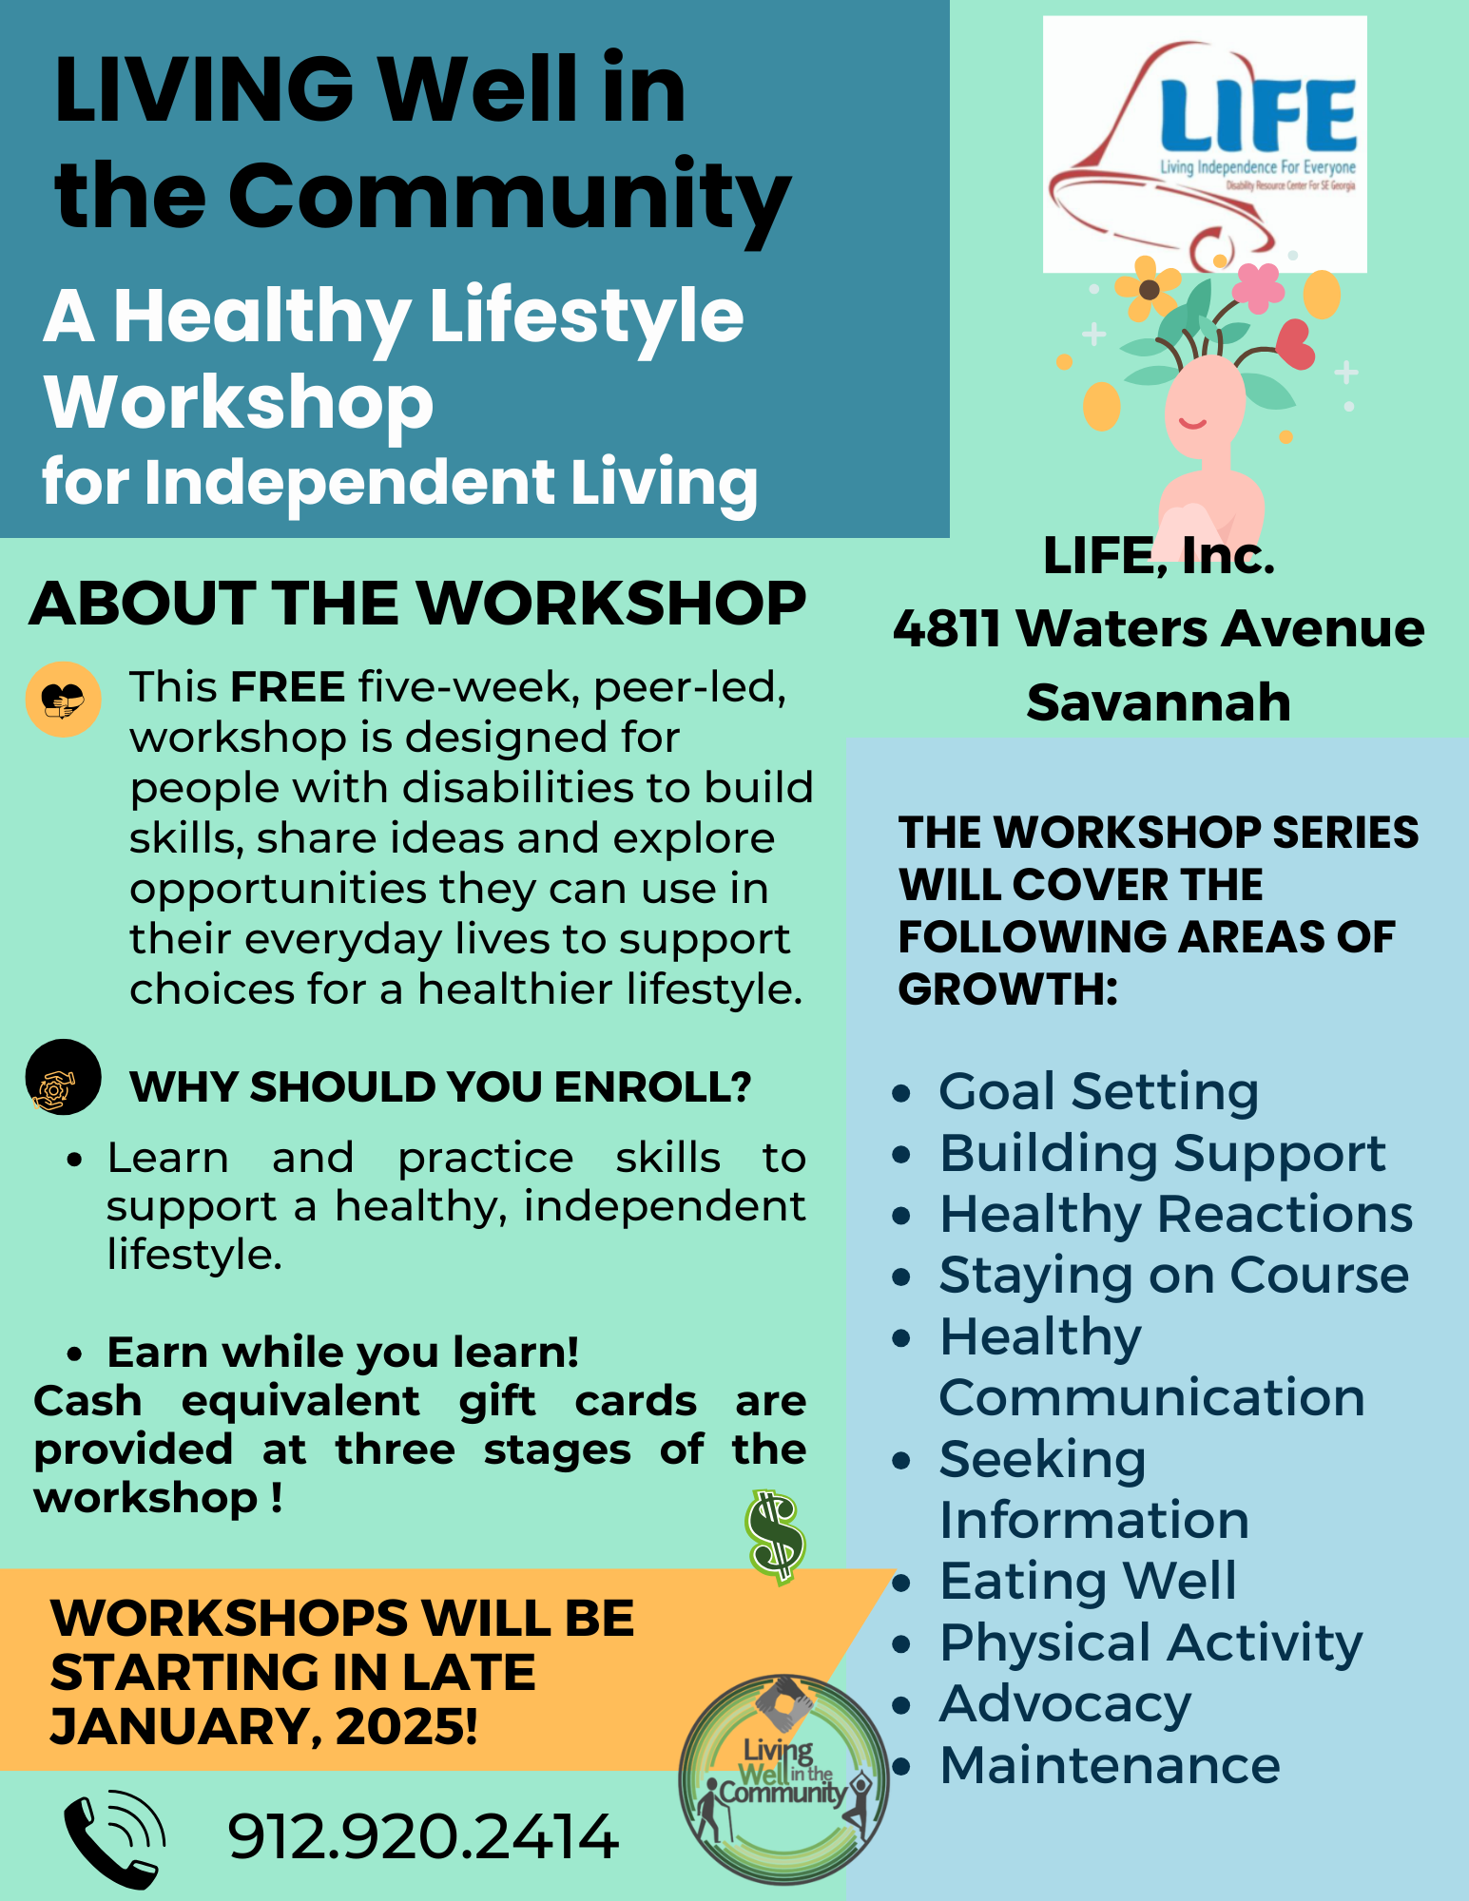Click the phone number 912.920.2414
pyautogui.click(x=423, y=1836)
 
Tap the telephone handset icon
pyautogui.click(x=114, y=1838)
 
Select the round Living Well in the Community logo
pyautogui.click(x=783, y=1779)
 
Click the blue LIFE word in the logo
pyautogui.click(x=1258, y=115)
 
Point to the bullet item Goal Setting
pyautogui.click(x=1098, y=1091)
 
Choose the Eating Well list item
pyautogui.click(x=1088, y=1581)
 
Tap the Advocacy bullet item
pyautogui.click(x=1065, y=1704)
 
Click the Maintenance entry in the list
pyautogui.click(x=1110, y=1765)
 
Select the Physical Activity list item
pyautogui.click(x=1150, y=1642)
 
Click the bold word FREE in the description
pyautogui.click(x=287, y=686)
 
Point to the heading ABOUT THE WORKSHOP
pyautogui.click(x=417, y=604)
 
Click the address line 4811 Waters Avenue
pyautogui.click(x=1159, y=628)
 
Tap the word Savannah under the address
pyautogui.click(x=1159, y=702)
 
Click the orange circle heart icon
pyautogui.click(x=63, y=700)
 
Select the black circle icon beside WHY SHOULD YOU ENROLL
pyautogui.click(x=63, y=1077)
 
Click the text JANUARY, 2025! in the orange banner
pyautogui.click(x=263, y=1726)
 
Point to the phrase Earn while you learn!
pyautogui.click(x=343, y=1353)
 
